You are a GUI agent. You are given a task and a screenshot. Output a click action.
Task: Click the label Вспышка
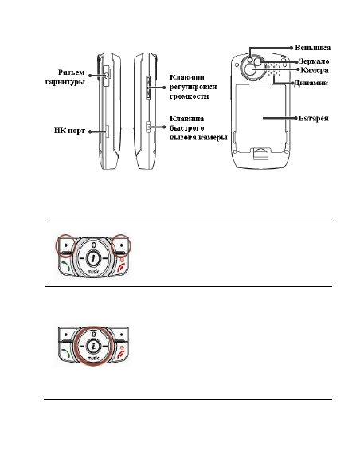click(312, 48)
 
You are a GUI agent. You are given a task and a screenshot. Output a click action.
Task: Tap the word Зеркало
click(314, 61)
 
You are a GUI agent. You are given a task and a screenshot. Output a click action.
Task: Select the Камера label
click(315, 70)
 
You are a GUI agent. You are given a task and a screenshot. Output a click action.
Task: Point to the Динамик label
click(311, 83)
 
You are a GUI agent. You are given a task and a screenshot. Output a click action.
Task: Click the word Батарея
click(313, 118)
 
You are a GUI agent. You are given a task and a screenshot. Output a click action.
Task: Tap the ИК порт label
click(69, 131)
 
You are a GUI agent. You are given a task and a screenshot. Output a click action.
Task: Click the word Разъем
click(72, 73)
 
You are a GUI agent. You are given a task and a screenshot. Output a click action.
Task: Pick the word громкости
click(189, 96)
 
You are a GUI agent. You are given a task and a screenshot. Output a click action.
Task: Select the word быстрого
click(186, 128)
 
